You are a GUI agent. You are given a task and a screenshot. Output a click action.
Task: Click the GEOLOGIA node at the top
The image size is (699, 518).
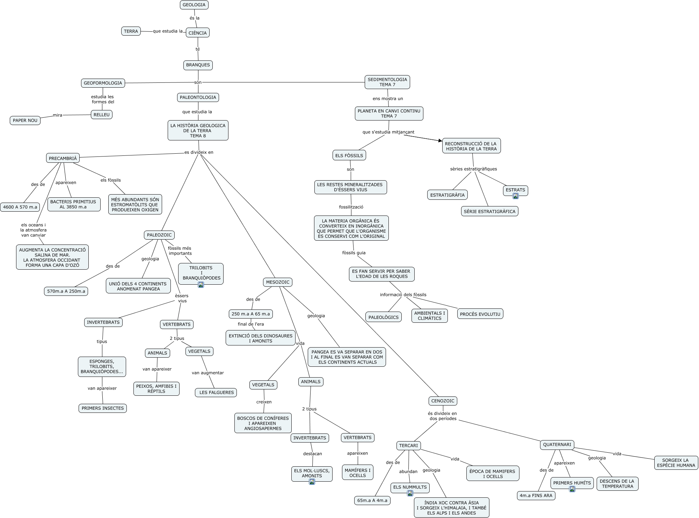[x=194, y=5]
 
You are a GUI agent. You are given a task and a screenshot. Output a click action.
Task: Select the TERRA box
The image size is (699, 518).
[x=131, y=31]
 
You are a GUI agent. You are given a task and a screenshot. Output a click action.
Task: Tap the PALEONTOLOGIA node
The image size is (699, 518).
[x=198, y=97]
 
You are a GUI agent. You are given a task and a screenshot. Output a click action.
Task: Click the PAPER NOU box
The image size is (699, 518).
[x=25, y=121]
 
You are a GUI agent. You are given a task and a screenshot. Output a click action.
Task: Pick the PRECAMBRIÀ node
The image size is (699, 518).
[x=63, y=158]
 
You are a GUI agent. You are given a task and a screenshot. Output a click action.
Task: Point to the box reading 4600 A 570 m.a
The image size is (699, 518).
[x=20, y=207]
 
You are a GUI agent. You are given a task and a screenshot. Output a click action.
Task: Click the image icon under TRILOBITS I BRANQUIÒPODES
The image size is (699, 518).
[x=201, y=285]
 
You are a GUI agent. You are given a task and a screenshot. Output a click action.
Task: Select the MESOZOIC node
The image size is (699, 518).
[x=277, y=282]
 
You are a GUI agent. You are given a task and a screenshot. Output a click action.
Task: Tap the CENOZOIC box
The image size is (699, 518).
[x=443, y=401]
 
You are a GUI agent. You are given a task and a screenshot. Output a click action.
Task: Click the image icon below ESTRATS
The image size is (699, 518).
[x=515, y=196]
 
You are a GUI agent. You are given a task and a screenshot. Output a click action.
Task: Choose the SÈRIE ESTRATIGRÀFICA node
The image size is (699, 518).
[x=489, y=211]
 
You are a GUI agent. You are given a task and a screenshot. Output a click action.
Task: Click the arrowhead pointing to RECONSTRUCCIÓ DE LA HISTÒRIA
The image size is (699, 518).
[x=440, y=141]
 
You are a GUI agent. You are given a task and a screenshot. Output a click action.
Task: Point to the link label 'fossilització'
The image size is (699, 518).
[x=351, y=207]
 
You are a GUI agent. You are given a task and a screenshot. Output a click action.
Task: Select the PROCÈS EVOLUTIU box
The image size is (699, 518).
[x=480, y=314]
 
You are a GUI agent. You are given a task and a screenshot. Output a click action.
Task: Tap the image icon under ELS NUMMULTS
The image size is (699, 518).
[x=410, y=493]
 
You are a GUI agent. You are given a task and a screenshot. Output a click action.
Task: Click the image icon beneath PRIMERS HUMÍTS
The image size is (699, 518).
[x=572, y=489]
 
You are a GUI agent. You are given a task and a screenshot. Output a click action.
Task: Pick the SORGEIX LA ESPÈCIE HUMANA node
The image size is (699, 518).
[x=676, y=463]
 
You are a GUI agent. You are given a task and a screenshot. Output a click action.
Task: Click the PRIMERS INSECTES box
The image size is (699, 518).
[x=103, y=408]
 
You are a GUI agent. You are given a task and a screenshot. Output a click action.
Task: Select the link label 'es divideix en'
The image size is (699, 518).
[x=199, y=152]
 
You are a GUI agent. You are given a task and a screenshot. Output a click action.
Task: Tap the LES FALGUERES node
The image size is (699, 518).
[x=216, y=393]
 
